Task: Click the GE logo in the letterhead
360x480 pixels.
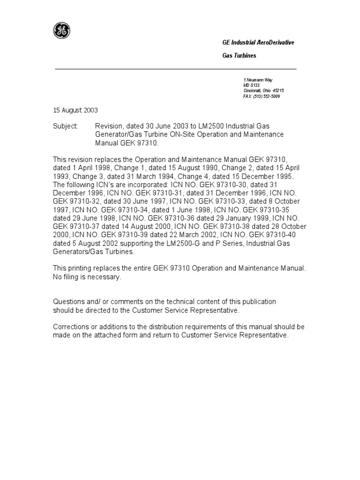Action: (x=61, y=31)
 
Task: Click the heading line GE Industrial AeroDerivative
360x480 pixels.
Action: (x=258, y=43)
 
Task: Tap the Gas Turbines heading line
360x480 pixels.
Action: (x=239, y=56)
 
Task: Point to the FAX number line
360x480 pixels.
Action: (x=262, y=96)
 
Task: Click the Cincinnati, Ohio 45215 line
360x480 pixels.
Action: (x=263, y=91)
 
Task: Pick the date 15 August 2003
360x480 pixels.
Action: (x=75, y=110)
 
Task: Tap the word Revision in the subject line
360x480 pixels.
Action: (x=108, y=127)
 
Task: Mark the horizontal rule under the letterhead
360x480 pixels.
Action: (x=176, y=69)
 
